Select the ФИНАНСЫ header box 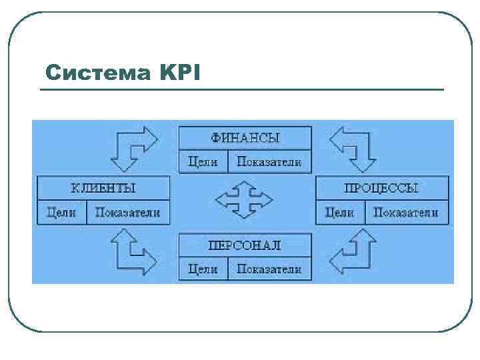coord(245,138)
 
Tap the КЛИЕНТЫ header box coord(103,188)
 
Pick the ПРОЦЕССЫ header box coord(381,188)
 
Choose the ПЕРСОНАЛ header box coord(245,245)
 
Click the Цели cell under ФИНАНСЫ coord(203,162)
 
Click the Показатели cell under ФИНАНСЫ coord(269,162)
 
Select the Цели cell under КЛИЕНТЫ coord(61,213)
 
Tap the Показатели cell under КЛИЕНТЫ coord(128,213)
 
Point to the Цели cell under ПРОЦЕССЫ coord(339,213)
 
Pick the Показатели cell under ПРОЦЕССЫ coord(406,213)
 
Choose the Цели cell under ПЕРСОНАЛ coord(203,269)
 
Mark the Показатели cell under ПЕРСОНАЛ coord(269,269)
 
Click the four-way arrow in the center coord(244,199)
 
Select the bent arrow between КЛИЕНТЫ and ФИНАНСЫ coord(135,147)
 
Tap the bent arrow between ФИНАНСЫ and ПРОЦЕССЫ coord(353,147)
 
